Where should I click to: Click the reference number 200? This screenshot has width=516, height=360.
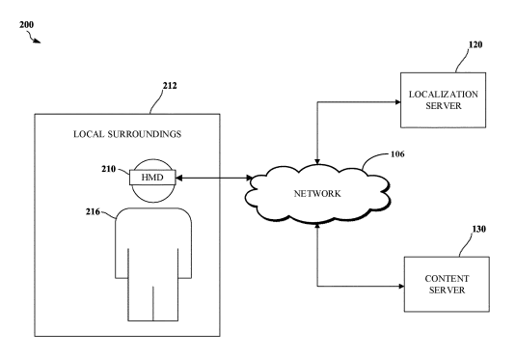point(26,25)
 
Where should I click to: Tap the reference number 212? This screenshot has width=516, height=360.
point(170,86)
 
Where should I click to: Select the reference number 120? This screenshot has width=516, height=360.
point(475,44)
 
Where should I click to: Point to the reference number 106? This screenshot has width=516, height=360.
point(397,154)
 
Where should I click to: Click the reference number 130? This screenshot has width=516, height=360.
point(478,229)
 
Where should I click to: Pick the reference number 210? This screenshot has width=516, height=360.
point(109,169)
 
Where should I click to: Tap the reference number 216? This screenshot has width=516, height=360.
point(93,211)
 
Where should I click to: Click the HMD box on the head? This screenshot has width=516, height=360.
point(152,178)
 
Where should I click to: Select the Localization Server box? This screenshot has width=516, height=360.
point(443,100)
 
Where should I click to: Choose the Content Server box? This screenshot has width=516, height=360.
point(447,285)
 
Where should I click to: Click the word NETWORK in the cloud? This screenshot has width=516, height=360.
point(317,194)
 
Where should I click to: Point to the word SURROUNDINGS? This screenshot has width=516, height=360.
point(145,134)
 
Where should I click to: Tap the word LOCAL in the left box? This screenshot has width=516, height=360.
point(89,134)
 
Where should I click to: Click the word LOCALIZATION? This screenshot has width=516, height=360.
point(444,95)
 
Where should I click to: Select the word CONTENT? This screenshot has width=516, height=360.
point(447,279)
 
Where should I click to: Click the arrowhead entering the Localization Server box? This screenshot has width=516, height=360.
point(397,102)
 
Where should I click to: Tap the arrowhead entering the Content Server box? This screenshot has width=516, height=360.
point(401,287)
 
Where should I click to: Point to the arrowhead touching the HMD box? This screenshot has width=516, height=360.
point(179,179)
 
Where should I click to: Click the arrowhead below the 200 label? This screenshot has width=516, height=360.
point(38,42)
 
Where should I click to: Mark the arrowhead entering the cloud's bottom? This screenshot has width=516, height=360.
point(317,226)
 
